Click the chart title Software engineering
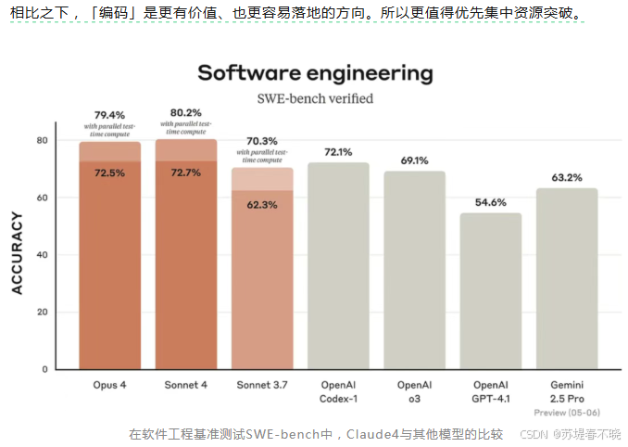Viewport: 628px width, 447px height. click(315, 72)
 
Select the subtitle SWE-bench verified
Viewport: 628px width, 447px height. click(315, 97)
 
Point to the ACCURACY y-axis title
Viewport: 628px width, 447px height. click(17, 253)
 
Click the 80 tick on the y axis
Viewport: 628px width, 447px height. click(42, 141)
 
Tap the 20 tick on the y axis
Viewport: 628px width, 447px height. click(42, 313)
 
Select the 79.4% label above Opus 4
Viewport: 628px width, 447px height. click(109, 114)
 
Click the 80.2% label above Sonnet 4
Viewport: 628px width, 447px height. click(185, 113)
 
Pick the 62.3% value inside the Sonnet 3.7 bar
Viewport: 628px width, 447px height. click(262, 205)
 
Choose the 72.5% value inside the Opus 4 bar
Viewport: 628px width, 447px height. click(109, 173)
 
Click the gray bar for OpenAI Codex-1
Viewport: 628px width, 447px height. click(338, 269)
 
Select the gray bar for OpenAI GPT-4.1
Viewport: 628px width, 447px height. click(491, 292)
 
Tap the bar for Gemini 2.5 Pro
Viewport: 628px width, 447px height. click(567, 278)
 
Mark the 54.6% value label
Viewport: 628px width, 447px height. click(491, 202)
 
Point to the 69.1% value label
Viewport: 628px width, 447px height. click(414, 160)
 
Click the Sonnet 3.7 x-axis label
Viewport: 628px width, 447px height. click(262, 384)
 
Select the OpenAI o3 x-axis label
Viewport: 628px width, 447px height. click(414, 390)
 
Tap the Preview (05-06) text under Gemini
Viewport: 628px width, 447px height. click(567, 412)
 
